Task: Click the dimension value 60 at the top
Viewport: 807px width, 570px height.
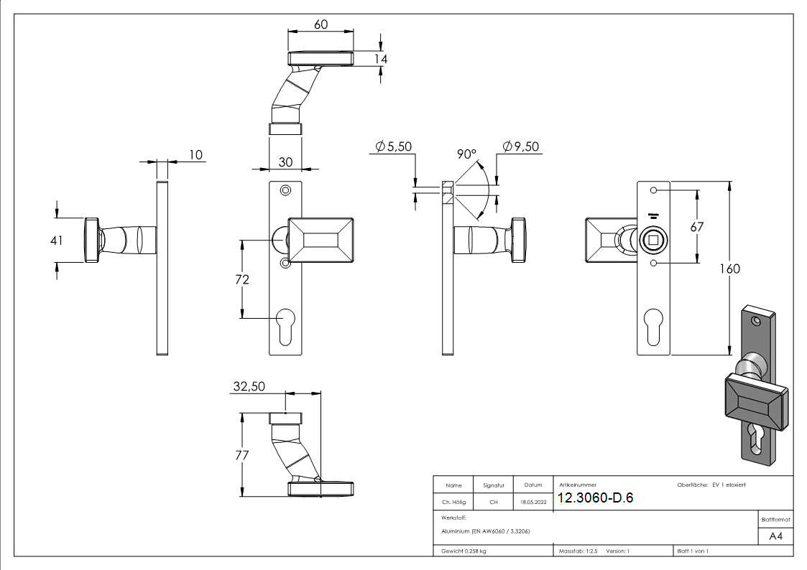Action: click(321, 24)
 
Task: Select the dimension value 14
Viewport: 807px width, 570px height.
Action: click(380, 59)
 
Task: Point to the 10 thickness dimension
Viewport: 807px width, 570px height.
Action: click(196, 154)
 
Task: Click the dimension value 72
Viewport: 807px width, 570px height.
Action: click(242, 279)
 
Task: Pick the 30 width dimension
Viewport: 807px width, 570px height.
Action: click(285, 162)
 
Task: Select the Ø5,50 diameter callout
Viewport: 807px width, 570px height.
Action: click(393, 146)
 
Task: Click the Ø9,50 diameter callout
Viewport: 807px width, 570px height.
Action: click(521, 146)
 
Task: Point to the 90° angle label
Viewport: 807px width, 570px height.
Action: click(466, 154)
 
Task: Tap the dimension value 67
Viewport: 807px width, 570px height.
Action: click(696, 226)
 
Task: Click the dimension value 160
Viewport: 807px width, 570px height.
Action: click(728, 268)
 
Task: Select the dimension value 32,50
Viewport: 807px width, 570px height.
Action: click(249, 386)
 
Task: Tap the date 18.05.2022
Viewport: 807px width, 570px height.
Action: click(533, 503)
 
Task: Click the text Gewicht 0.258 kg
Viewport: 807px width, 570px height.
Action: click(464, 551)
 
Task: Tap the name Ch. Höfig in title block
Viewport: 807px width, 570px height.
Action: click(453, 503)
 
